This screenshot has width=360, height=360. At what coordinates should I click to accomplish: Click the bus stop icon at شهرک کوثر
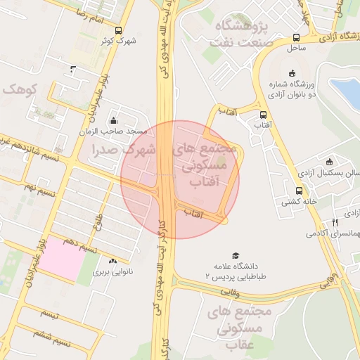tap(117, 30)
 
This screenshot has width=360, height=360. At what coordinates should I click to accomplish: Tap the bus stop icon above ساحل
tap(296, 37)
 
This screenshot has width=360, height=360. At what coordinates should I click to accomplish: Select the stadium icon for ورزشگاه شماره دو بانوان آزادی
tap(292, 72)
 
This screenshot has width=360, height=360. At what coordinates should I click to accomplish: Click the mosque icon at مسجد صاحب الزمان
tap(113, 120)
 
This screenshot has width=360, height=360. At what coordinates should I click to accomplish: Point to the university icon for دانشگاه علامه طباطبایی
tap(236, 256)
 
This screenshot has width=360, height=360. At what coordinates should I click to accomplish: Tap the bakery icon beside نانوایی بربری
tap(112, 260)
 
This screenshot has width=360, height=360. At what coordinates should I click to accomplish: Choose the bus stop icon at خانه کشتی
tap(299, 190)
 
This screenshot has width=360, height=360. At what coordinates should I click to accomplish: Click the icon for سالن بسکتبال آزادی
tap(328, 162)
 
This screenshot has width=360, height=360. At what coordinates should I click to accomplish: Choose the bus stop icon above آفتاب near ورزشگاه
tap(263, 115)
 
